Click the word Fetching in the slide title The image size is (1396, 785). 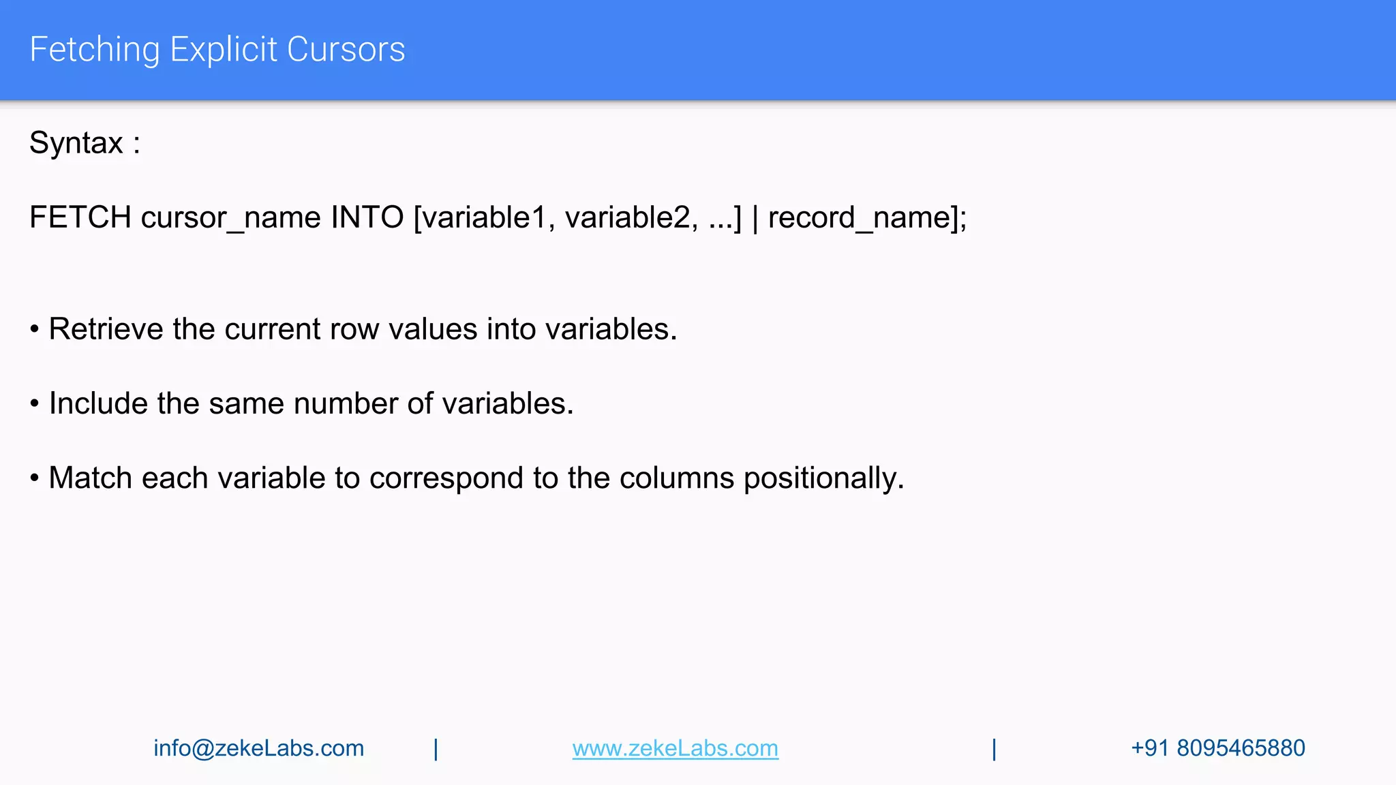coord(94,50)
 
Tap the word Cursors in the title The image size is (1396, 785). coord(346,50)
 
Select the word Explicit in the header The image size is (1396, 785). coord(224,50)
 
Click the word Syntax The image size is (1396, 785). coord(76,143)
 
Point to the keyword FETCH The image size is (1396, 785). coord(80,217)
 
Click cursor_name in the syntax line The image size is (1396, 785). coord(231,218)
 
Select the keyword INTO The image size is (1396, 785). coord(367,217)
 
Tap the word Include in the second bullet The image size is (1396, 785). coord(98,403)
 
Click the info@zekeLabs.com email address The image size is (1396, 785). coord(258,748)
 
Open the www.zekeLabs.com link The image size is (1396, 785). coord(675,748)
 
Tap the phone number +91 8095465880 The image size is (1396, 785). coord(1217,748)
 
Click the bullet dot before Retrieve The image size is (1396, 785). coord(34,330)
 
